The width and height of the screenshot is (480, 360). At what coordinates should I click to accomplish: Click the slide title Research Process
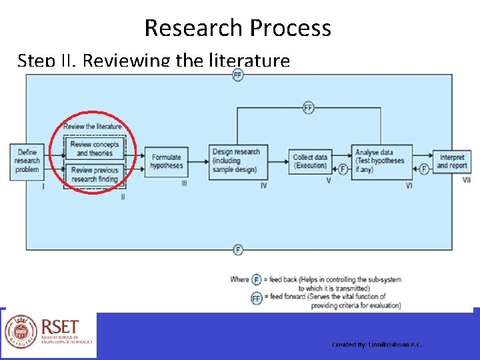237,28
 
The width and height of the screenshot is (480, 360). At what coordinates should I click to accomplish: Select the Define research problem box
27,161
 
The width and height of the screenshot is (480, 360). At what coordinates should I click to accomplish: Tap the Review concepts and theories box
94,149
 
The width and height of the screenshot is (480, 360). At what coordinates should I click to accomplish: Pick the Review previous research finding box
94,175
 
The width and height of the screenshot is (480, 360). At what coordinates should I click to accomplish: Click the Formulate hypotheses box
166,161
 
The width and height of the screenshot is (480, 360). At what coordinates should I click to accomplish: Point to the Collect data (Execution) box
310,161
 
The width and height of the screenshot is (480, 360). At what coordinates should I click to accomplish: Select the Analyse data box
381,161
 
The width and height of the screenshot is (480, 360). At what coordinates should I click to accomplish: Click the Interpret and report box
452,161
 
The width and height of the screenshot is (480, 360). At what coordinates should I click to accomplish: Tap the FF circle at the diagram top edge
238,75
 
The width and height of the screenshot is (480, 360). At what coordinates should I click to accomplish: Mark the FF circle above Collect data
308,108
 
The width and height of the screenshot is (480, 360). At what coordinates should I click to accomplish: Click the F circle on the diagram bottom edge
238,250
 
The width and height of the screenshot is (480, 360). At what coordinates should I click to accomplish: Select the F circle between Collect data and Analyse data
343,169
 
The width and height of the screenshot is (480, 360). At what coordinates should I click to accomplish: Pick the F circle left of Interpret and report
423,169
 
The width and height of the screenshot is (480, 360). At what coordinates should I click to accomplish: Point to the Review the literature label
93,127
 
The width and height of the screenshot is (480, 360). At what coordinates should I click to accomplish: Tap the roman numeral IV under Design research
263,185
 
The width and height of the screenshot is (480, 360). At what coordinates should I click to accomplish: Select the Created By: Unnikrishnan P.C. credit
377,344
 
